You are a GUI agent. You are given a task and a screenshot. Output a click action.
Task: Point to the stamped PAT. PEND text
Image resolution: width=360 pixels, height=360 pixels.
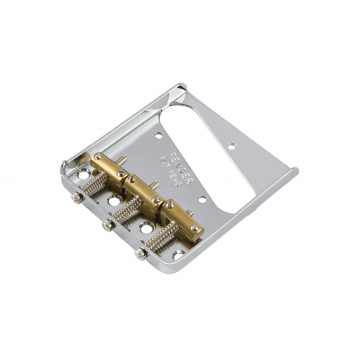[170, 171]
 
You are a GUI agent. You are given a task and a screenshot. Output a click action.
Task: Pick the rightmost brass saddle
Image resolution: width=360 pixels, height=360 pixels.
[181, 217]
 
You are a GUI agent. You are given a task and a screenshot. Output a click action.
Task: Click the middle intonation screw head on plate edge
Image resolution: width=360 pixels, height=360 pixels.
[107, 226]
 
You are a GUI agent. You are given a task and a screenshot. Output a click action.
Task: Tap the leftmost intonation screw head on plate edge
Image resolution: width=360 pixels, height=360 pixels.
[76, 197]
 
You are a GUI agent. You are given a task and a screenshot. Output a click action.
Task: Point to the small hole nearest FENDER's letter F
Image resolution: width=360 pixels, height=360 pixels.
[159, 135]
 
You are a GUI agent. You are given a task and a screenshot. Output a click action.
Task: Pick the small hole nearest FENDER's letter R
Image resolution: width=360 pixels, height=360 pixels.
[201, 199]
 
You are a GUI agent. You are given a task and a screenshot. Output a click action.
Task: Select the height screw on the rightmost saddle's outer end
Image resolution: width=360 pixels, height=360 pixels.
[195, 228]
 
